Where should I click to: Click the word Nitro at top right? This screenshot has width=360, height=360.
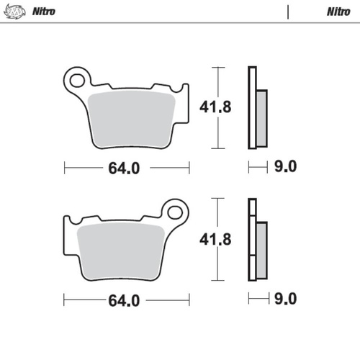(x=338, y=12)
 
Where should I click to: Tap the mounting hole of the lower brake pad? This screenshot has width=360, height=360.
(x=174, y=212)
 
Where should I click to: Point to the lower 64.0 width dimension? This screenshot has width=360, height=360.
(x=123, y=299)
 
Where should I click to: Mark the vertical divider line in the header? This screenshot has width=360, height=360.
(x=289, y=12)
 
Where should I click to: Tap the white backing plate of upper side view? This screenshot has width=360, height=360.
(x=251, y=108)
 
